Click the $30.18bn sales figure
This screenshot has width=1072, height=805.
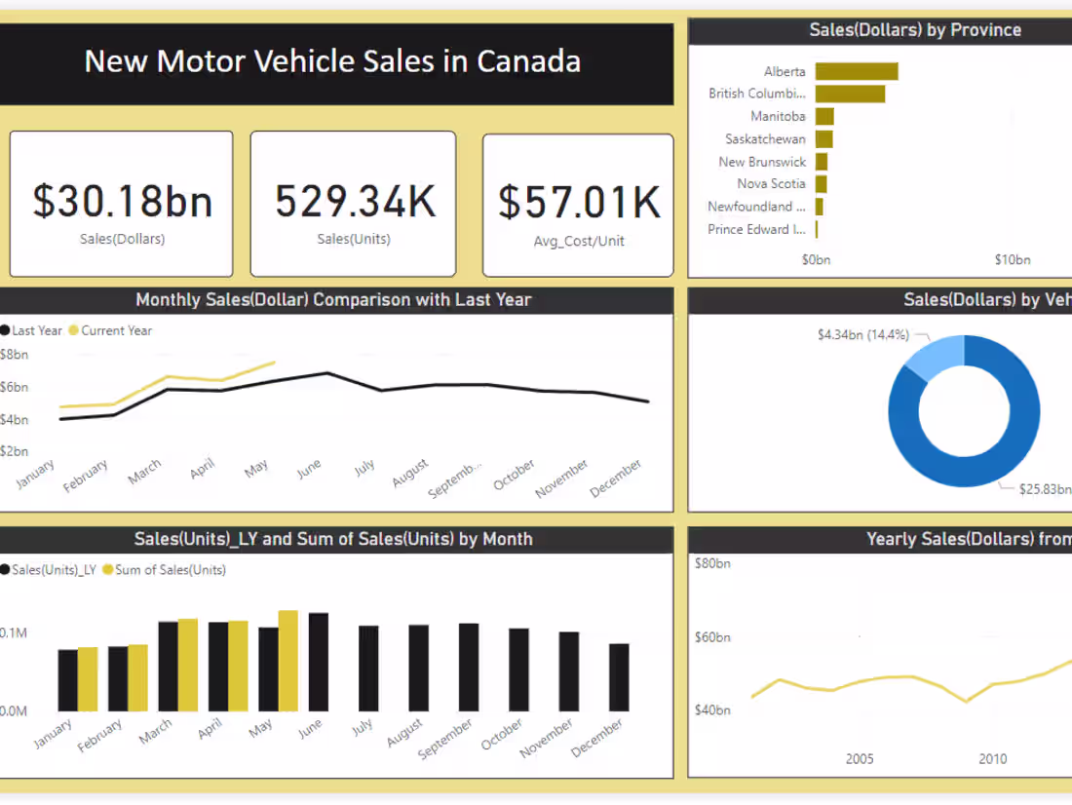coord(122,201)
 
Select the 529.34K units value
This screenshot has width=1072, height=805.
coord(355,201)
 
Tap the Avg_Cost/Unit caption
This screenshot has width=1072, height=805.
coord(578,241)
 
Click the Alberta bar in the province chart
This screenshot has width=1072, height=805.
coord(856,71)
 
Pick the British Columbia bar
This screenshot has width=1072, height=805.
coord(850,94)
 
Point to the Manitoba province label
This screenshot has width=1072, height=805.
coord(778,116)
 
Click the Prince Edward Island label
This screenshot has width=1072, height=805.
coord(757,229)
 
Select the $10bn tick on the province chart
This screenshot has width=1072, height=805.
coord(1012,259)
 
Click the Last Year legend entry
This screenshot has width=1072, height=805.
coord(36,330)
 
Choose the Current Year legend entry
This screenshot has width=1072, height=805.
coord(116,330)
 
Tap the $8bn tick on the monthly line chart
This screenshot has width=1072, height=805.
coord(14,355)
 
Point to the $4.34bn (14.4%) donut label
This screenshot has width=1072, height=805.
coord(862,334)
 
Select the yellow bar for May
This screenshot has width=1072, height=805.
coord(288,661)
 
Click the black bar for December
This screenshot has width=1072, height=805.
coord(619,677)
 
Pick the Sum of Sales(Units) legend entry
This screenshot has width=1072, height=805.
coord(170,570)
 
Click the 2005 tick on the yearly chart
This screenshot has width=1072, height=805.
coord(860,759)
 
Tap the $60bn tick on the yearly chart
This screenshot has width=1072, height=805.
coord(712,637)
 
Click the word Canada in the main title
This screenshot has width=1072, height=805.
coord(528,61)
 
